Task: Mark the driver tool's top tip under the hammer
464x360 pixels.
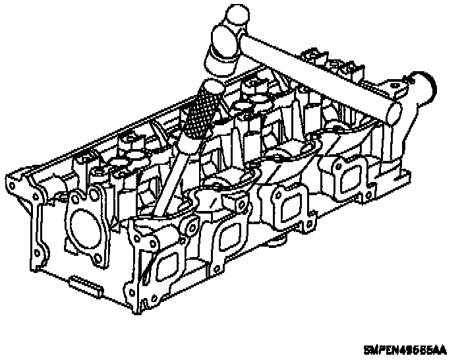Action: click(212, 86)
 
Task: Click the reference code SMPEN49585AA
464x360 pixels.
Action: click(405, 348)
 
